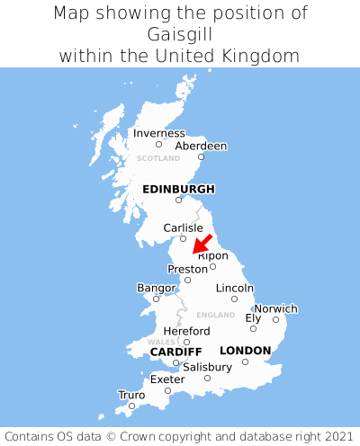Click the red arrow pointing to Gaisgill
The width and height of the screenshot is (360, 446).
tap(202, 243)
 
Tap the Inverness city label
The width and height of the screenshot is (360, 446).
tap(159, 133)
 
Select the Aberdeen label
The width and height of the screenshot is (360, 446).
tap(201, 146)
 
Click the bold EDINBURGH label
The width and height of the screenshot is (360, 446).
tap(178, 189)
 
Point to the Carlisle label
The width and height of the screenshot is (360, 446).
tap(183, 227)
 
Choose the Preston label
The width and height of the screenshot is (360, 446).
tap(188, 268)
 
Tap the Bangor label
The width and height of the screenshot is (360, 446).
tap(156, 288)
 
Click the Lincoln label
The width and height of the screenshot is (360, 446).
tap(235, 288)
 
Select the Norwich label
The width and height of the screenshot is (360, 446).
tap(275, 308)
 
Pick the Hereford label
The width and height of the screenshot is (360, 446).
tap(186, 331)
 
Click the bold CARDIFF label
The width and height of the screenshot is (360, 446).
tap(175, 351)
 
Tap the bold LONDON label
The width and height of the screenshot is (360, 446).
tap(245, 350)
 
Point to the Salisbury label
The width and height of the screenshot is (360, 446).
tap(207, 367)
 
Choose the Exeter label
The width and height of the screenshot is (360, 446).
tap(167, 379)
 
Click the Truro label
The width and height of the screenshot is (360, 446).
tap(131, 395)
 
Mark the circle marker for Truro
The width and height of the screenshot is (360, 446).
tap(131, 406)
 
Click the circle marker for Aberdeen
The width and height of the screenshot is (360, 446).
tap(202, 157)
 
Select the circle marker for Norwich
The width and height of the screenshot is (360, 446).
tap(276, 319)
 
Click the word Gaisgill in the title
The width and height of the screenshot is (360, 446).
tap(179, 34)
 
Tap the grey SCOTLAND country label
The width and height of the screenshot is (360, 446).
tap(158, 158)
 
